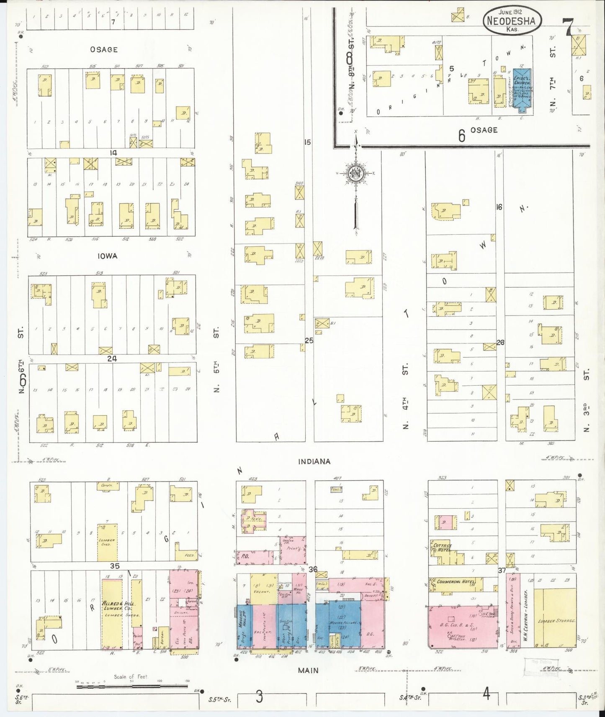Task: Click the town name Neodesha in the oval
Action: tap(511, 20)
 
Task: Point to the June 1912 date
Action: tap(510, 12)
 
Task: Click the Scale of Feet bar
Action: tap(132, 686)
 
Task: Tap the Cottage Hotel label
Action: tap(442, 548)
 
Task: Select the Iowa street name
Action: tap(107, 256)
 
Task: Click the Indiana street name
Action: tap(314, 461)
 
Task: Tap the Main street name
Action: tap(308, 670)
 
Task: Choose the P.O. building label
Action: tap(245, 556)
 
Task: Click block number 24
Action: tap(112, 358)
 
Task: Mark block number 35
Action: tap(115, 566)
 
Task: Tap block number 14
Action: tap(113, 153)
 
